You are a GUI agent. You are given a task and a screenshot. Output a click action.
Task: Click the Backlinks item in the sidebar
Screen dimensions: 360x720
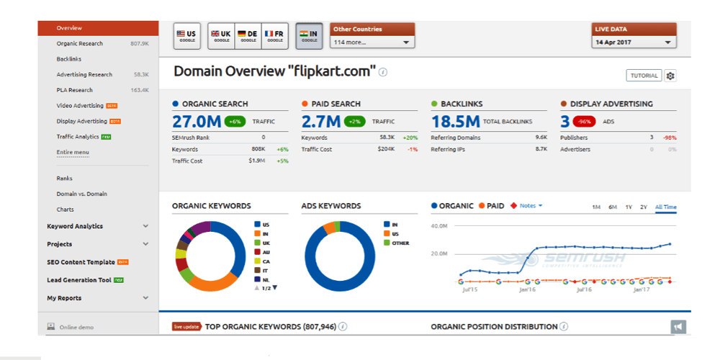(68, 59)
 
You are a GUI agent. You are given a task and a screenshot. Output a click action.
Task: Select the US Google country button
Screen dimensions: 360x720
(186, 36)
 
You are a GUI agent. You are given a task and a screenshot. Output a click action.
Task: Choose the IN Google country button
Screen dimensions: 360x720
(309, 36)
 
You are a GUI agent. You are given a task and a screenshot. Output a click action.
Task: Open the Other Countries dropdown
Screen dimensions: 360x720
(372, 42)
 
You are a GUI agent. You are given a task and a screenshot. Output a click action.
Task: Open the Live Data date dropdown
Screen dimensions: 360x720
(634, 42)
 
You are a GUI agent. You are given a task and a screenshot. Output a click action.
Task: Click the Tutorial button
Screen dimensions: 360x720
(644, 76)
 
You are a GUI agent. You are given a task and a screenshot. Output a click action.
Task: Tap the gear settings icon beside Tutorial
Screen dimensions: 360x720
(670, 76)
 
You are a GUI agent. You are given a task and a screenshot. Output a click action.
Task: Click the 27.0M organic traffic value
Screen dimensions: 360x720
(197, 121)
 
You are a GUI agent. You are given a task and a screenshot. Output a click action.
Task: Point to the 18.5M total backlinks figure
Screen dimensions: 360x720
(455, 121)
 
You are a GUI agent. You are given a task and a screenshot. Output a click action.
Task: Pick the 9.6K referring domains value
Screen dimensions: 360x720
(541, 138)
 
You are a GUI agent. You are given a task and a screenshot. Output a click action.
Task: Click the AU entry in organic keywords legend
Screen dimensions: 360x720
(266, 252)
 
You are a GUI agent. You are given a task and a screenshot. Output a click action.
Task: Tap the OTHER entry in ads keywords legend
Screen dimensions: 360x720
(400, 243)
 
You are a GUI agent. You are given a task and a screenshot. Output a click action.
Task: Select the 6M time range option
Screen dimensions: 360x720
(612, 207)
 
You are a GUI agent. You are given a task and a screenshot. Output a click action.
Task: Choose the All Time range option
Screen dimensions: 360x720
(665, 207)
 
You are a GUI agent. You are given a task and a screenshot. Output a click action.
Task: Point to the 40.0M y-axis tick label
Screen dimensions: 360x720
(439, 225)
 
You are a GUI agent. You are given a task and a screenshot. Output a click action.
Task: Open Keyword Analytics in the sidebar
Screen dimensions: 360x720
(75, 226)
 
